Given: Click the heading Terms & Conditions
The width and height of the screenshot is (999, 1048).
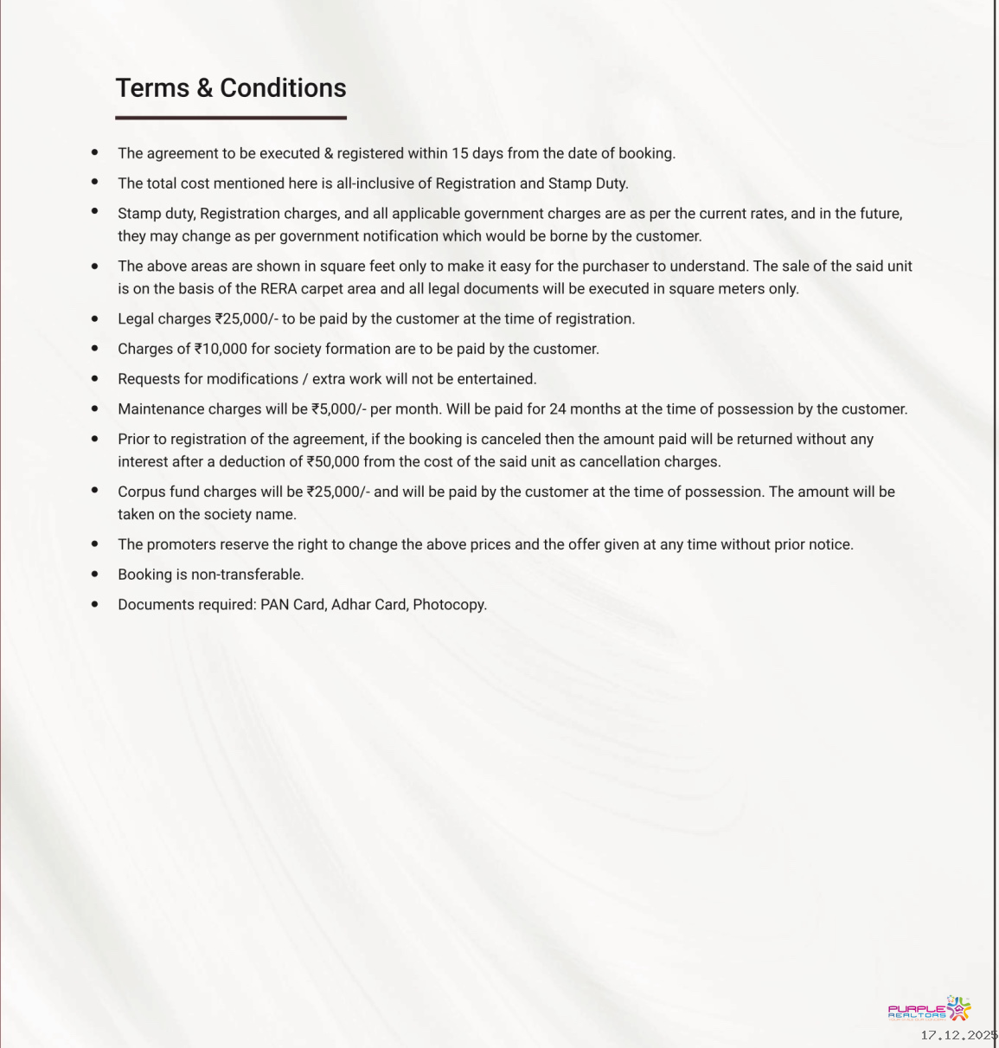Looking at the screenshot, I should point(231,88).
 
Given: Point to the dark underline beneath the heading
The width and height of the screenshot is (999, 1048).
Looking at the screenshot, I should point(231,118).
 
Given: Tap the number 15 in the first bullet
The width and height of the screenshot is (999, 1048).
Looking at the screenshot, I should point(459,154).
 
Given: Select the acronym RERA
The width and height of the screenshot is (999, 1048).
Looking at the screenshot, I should point(279,289).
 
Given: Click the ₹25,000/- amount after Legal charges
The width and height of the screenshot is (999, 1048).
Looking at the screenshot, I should point(247,319).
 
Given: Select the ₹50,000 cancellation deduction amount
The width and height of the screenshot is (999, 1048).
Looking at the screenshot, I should point(333,462).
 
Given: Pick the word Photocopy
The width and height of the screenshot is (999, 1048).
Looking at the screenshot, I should point(449,605).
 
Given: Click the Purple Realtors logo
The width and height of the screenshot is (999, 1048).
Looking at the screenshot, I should point(929,1010).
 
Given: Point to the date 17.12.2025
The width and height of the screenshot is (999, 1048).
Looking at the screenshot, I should point(958,1036).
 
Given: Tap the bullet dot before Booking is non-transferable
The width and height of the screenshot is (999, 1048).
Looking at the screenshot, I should point(95,574).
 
